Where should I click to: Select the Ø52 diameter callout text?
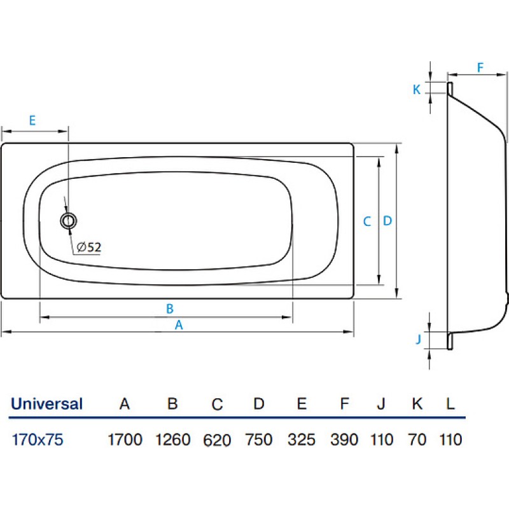88,248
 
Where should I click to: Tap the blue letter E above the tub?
32,120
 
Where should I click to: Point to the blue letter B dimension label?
169,309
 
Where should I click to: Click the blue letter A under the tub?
179,325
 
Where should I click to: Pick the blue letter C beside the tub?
367,221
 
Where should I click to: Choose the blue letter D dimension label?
387,221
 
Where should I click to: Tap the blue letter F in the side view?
480,67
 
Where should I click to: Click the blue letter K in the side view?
417,90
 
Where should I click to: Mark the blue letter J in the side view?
419,339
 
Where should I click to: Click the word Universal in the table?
46,404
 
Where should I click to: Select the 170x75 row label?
38,440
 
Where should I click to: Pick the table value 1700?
125,440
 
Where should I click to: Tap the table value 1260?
172,440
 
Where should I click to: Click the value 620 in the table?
217,440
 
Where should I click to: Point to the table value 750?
259,440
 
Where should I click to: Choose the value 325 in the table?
301,440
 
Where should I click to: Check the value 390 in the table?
344,440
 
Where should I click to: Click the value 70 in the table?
417,440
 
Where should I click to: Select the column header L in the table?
450,404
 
